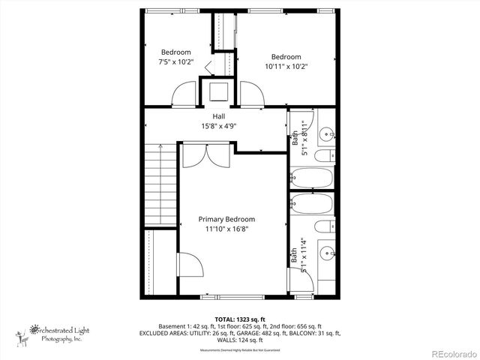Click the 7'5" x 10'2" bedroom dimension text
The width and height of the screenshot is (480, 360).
pos(176,62)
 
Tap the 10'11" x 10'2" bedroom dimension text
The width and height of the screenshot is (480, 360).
pos(286,67)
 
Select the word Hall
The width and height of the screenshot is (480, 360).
pos(219,116)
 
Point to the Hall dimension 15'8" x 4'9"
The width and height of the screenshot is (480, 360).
pos(219,127)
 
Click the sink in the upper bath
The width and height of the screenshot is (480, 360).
pos(327,134)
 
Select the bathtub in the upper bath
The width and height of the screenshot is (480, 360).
pos(311,178)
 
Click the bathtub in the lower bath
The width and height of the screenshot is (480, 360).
pos(311,203)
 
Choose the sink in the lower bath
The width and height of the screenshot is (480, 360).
pos(327,252)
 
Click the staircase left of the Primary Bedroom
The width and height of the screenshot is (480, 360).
pos(160,184)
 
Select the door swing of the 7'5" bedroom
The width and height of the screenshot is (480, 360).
pos(184,96)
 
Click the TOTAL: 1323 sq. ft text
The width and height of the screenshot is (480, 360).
pos(239,319)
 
